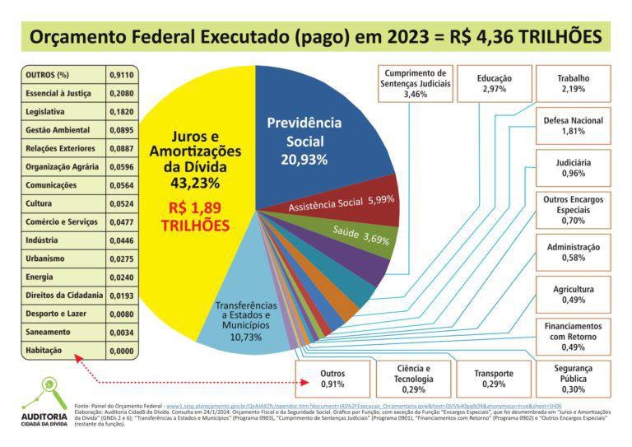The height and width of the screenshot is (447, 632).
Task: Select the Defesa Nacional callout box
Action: click(573, 125)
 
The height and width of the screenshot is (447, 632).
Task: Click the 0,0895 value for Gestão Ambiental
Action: click(121, 130)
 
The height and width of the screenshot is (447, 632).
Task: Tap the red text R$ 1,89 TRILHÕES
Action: click(195, 217)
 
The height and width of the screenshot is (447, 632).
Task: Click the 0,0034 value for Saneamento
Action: click(121, 333)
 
